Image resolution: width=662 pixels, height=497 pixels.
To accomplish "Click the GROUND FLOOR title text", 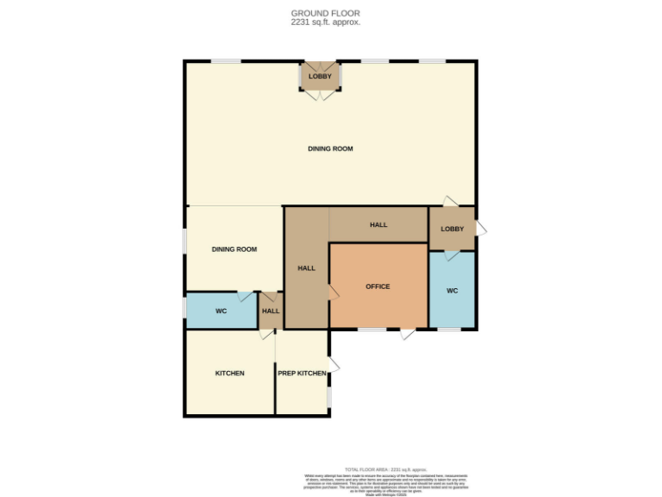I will [x=325, y=13].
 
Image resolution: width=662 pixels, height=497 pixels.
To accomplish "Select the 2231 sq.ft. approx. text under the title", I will [x=325, y=22].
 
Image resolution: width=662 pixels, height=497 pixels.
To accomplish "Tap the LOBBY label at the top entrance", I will [x=320, y=77].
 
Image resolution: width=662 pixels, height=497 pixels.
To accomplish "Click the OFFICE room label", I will [x=378, y=286].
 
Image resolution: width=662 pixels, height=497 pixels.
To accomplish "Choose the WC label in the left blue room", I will [x=221, y=311].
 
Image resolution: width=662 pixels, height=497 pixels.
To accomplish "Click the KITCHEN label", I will [x=229, y=374].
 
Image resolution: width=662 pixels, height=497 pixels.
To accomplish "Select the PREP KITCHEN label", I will [x=301, y=374].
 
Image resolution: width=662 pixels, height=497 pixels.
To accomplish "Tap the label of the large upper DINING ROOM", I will [x=330, y=149].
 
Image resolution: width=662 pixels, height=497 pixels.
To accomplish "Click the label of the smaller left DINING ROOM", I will [x=234, y=249].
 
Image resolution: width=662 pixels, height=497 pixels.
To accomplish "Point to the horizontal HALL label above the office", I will [x=378, y=225].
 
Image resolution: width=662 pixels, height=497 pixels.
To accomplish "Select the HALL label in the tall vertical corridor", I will [x=306, y=268].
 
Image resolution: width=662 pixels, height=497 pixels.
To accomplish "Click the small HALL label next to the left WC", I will [x=271, y=311].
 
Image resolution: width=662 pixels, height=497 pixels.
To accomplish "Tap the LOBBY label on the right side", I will [x=453, y=229].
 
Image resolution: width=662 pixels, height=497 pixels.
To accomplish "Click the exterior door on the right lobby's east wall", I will [x=481, y=229].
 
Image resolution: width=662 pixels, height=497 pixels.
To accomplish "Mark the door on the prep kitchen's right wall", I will [x=334, y=366].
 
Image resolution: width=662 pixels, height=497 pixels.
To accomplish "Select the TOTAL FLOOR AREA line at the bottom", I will [x=385, y=469].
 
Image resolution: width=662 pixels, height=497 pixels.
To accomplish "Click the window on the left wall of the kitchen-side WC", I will [x=184, y=308].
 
